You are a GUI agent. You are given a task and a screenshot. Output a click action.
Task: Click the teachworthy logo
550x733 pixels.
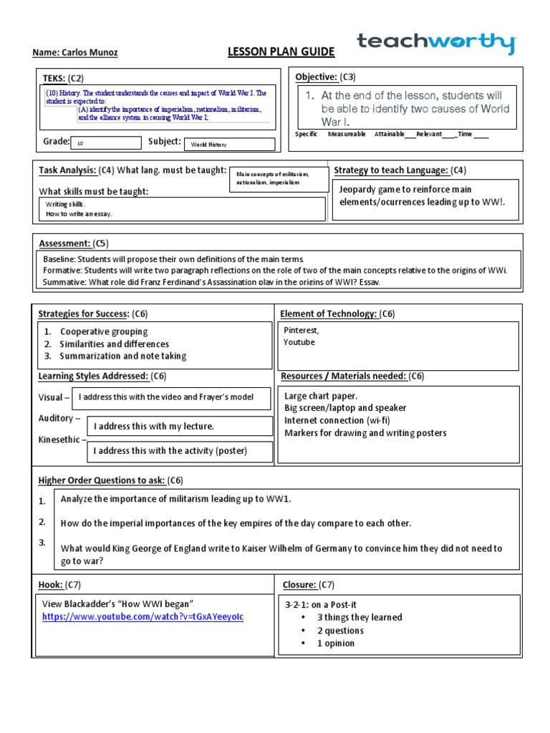(x=436, y=44)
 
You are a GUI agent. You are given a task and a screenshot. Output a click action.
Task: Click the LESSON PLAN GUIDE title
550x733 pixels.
(x=271, y=52)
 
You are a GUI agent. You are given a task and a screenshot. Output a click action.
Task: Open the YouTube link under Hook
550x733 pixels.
(x=143, y=616)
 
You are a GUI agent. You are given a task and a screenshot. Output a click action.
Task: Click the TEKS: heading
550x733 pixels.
(x=54, y=78)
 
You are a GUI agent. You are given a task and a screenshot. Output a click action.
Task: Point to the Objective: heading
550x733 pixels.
(x=316, y=77)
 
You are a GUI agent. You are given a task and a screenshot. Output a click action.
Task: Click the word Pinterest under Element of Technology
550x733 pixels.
(x=301, y=331)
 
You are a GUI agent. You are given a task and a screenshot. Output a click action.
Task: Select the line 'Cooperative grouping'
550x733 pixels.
(x=104, y=331)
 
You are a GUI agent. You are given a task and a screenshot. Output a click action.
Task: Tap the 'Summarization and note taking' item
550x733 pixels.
(x=122, y=356)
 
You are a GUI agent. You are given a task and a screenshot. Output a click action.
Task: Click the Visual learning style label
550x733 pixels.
(x=54, y=397)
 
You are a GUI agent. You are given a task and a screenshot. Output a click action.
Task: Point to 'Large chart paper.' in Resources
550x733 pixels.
(x=320, y=395)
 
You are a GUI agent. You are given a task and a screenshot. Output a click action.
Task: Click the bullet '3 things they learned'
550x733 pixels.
(x=360, y=617)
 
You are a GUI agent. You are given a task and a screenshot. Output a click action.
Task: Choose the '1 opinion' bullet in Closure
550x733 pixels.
(x=336, y=643)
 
